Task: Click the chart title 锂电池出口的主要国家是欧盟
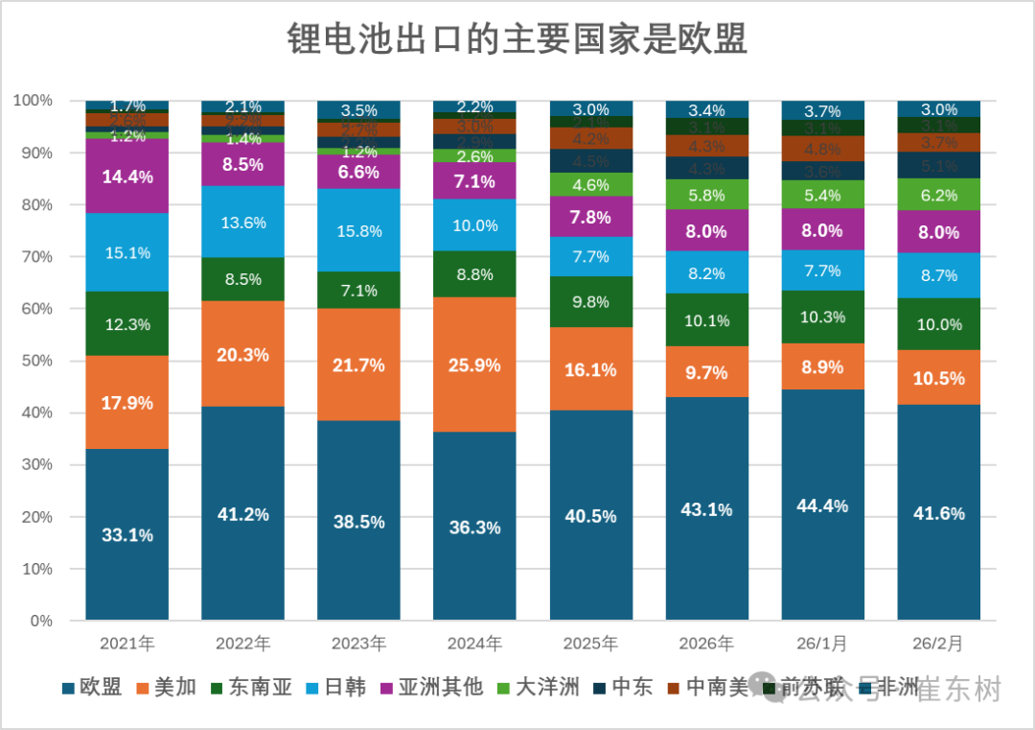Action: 517,39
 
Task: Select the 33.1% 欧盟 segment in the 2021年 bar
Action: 127,534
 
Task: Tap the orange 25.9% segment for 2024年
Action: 475,365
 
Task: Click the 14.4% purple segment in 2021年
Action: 127,177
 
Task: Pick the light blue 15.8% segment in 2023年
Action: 359,231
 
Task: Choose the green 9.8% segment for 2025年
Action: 591,301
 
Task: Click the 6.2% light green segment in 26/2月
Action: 939,195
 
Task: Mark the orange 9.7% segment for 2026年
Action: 707,372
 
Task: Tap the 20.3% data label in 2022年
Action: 243,355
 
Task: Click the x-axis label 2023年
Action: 359,643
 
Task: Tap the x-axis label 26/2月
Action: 939,643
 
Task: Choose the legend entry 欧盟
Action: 100,687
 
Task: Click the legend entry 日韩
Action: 345,687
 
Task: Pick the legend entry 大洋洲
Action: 547,687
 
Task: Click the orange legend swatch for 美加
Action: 143,688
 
